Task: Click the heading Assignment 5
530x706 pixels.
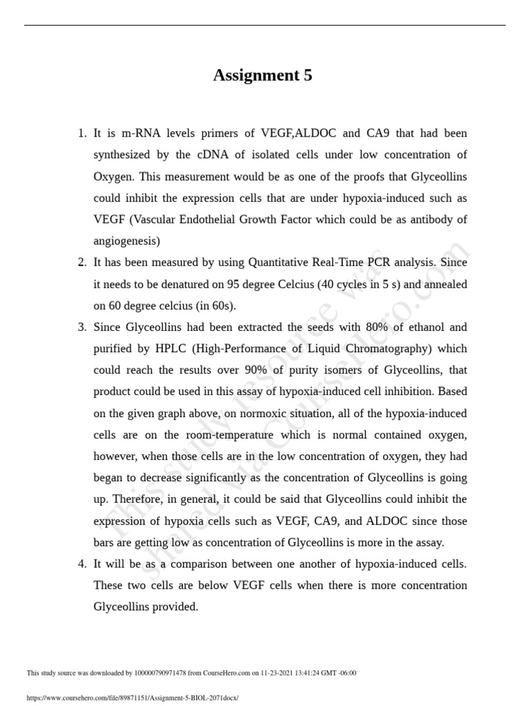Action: [x=262, y=76]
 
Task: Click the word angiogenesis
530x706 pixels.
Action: [x=126, y=241]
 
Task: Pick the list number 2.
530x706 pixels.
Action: [x=81, y=262]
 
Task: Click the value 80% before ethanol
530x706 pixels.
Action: [x=367, y=327]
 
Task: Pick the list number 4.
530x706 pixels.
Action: [x=81, y=564]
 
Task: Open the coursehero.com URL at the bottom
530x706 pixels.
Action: [x=132, y=698]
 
